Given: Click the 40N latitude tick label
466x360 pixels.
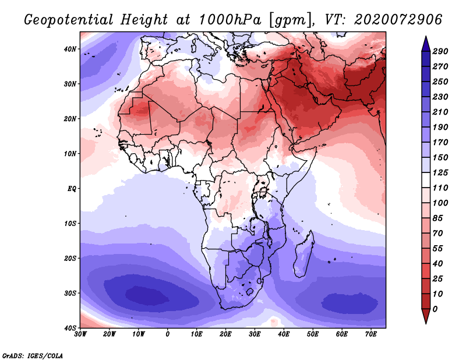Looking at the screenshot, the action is [70, 49].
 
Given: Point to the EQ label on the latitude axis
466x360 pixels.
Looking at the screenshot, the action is [72, 189].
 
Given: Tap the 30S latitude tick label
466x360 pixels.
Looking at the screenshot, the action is [70, 294].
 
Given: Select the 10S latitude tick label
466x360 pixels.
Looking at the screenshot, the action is [70, 224].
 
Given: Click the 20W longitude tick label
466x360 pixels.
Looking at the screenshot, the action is [110, 334].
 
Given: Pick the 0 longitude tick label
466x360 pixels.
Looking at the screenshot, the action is [168, 334].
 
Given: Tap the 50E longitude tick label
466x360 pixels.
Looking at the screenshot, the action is [313, 334].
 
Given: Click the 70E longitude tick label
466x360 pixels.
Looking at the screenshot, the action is [371, 334].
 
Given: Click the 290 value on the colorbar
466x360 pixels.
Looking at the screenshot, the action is [440, 51].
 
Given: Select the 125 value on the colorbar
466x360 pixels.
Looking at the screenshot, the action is [440, 172].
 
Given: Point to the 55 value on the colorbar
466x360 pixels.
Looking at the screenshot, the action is [437, 249].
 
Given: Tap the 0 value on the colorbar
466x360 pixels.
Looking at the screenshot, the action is [435, 309].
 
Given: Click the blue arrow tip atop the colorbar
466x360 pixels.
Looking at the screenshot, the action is [426, 37].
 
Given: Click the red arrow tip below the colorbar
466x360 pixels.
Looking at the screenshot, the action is [426, 323].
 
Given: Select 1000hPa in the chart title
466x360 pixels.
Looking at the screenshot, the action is [230, 20].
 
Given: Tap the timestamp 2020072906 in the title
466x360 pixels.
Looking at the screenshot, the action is [398, 20].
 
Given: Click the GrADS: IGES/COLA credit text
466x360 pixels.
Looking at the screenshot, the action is [33, 356].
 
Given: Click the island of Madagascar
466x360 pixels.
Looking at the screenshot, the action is [303, 256].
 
